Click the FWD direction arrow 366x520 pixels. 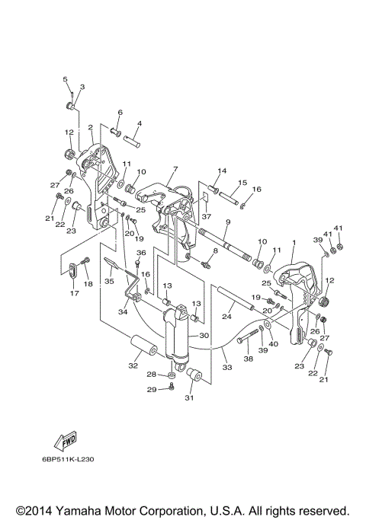66,441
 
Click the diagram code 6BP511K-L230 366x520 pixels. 68,459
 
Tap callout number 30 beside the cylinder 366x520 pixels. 204,336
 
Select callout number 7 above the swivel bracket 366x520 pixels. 175,170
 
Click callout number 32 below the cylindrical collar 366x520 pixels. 133,365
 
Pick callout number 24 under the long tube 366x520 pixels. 226,317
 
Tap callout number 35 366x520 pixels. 109,281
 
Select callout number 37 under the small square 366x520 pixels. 206,216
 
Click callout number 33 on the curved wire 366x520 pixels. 227,368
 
